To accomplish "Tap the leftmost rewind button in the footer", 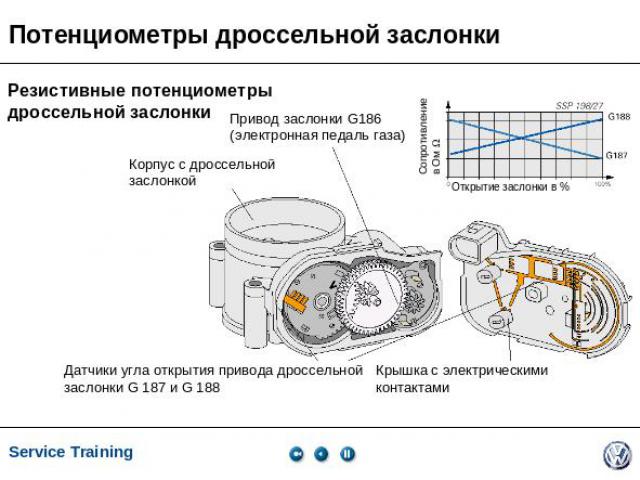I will click(296, 453).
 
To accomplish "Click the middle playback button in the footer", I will click(321, 453).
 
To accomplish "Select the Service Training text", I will click(71, 452).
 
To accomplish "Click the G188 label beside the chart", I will click(619, 117).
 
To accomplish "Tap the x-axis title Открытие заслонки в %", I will click(510, 187).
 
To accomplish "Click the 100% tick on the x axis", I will click(602, 184).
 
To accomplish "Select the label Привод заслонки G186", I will click(305, 119).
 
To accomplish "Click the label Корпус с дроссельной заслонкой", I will click(201, 172).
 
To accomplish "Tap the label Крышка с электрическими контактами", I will click(461, 378).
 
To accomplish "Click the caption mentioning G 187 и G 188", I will click(212, 378).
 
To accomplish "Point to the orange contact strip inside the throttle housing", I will click(297, 299).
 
